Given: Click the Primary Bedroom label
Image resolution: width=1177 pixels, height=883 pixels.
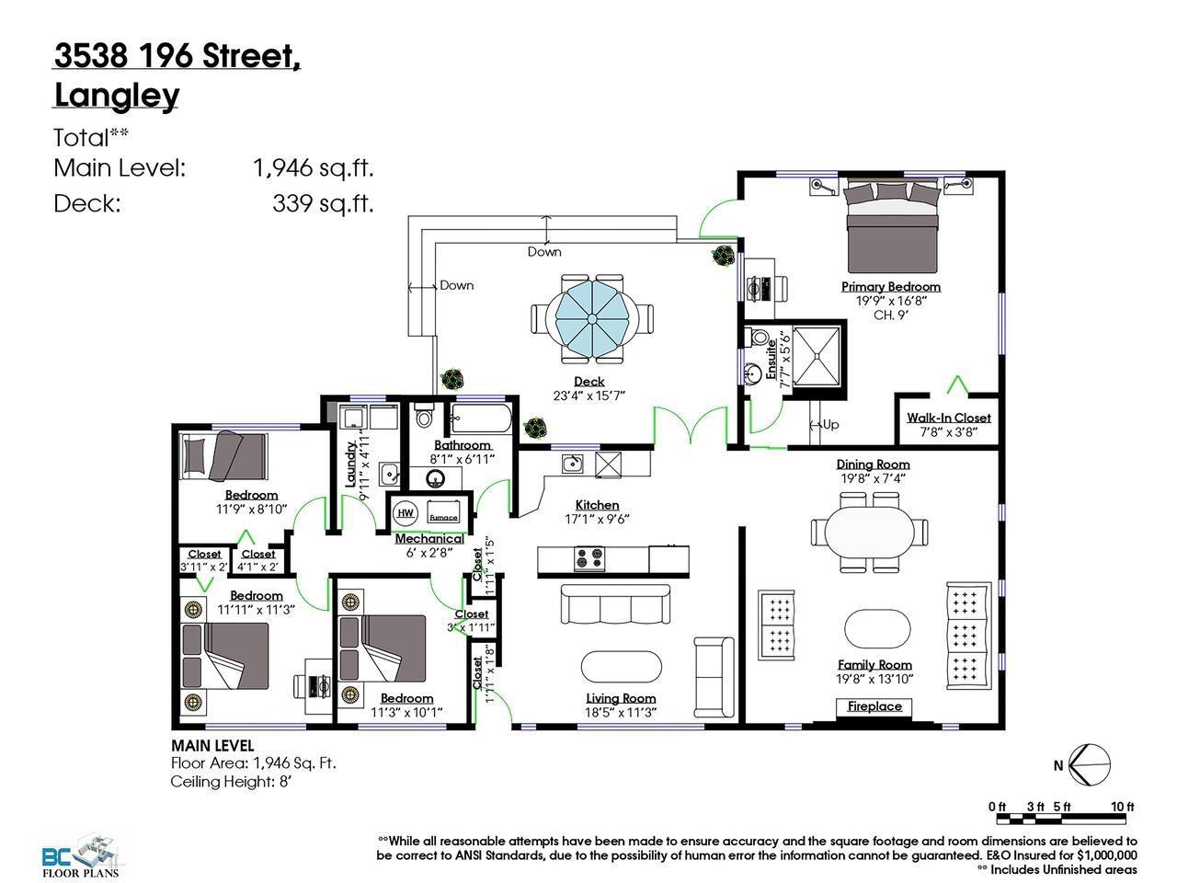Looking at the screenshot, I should click(890, 286).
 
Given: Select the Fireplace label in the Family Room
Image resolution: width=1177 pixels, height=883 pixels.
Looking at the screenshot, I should click(874, 706).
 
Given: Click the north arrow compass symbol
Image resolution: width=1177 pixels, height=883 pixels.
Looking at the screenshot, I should click(1091, 764).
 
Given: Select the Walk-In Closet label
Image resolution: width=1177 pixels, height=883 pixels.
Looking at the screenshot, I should click(948, 418).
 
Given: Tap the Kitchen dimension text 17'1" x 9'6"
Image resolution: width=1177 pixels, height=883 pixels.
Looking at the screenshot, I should click(597, 518).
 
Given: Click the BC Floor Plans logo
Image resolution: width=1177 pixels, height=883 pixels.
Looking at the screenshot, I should click(80, 856).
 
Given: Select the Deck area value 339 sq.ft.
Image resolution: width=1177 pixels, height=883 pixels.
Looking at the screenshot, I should click(323, 203).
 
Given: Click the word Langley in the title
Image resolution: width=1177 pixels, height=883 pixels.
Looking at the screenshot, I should click(117, 96).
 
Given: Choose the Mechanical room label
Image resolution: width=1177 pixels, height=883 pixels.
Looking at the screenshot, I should click(429, 539).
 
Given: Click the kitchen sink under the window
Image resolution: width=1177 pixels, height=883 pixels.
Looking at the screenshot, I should click(572, 462).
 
